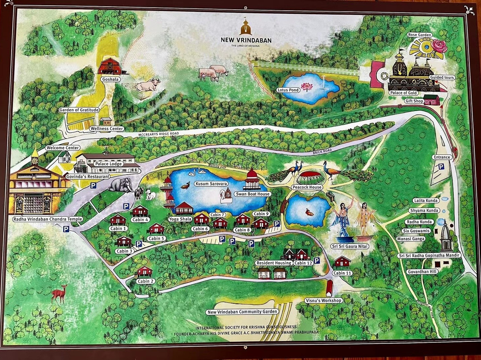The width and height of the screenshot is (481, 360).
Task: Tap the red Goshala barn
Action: (110, 66)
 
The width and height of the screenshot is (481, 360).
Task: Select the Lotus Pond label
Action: (288, 90)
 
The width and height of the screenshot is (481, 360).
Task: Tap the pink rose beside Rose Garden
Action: (439, 46)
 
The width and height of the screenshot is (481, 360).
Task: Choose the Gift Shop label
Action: (414, 101)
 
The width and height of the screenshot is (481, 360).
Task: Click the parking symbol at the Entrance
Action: (441, 167)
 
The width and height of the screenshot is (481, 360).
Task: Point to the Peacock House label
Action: (307, 187)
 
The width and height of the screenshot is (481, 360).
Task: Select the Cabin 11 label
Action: (342, 273)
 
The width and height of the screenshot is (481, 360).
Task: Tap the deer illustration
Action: (59, 293)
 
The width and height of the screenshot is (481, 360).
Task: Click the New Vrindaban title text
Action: (246, 40)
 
